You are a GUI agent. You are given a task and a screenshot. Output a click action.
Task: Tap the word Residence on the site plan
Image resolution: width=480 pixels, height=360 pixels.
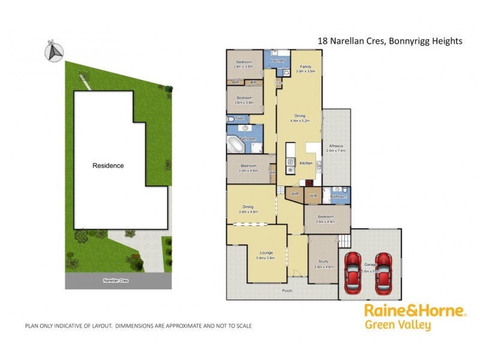pyautogui.click(x=108, y=166)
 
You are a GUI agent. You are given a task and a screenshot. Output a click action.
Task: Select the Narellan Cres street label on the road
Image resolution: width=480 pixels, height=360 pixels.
pyautogui.click(x=116, y=280)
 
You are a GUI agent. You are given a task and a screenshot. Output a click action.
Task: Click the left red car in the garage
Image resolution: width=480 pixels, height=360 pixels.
pyautogui.click(x=353, y=273)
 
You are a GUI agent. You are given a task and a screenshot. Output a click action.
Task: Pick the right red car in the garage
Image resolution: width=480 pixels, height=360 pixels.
pyautogui.click(x=383, y=273)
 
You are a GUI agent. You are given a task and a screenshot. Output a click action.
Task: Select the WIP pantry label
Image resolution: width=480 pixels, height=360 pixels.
pyautogui.click(x=295, y=194)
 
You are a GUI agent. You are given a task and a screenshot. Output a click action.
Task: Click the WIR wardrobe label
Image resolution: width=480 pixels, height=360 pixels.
pyautogui.click(x=313, y=195)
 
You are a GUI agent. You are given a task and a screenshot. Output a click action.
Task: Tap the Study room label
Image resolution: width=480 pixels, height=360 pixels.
pyautogui.click(x=324, y=262)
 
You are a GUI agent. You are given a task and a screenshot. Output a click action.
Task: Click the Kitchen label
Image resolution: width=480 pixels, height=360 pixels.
pyautogui.click(x=306, y=163)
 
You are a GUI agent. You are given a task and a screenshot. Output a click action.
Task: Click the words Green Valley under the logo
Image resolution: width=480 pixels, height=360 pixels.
pyautogui.click(x=398, y=326)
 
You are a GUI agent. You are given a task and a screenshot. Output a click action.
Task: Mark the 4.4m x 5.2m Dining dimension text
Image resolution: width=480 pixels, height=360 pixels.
pyautogui.click(x=299, y=121)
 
